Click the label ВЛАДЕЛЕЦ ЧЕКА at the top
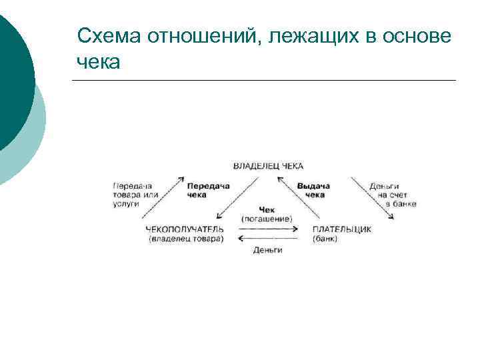(x=268, y=165)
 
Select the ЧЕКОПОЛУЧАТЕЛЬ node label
(x=185, y=229)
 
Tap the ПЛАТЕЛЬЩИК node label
(x=342, y=229)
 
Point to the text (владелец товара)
(x=186, y=239)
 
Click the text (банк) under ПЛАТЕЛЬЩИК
(x=325, y=239)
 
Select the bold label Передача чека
(x=207, y=190)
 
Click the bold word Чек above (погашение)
(x=267, y=209)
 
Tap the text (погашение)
(x=267, y=219)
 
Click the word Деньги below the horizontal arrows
(x=267, y=249)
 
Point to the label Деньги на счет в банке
(x=394, y=194)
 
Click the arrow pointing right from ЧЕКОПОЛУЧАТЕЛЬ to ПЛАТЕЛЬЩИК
(x=267, y=229)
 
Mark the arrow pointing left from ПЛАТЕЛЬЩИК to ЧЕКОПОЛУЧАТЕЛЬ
(x=267, y=238)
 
